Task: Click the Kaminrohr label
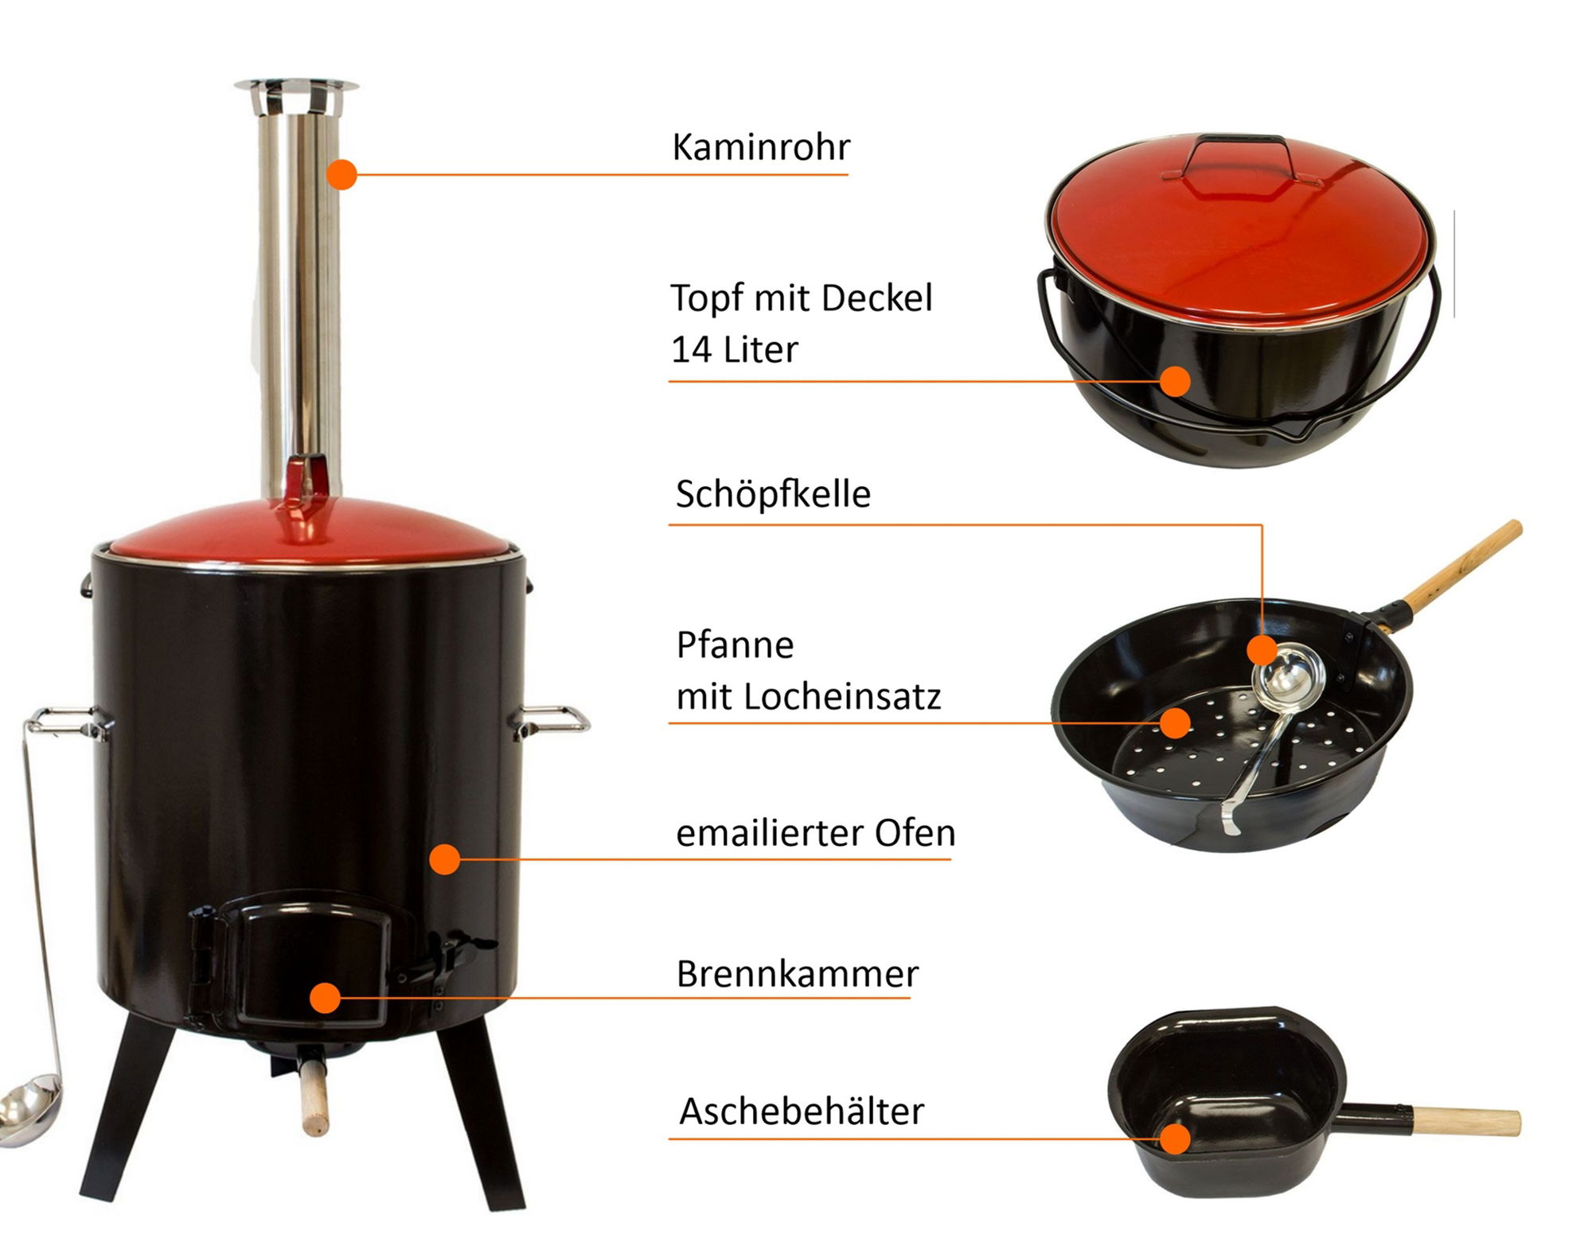761,147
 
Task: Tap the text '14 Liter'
734,349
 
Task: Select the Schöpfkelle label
773,494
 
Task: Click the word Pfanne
735,644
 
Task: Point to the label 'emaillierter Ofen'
816,833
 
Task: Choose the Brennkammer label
798,974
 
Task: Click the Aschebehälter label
802,1111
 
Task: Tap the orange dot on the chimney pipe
341,174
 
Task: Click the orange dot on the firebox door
325,998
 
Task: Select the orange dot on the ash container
1175,1139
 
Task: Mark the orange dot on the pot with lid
1175,381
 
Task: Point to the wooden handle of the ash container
1465,1122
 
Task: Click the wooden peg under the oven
313,1093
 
